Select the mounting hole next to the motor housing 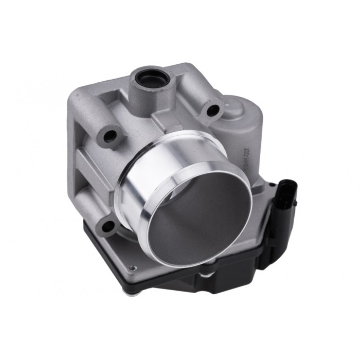[212, 109]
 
